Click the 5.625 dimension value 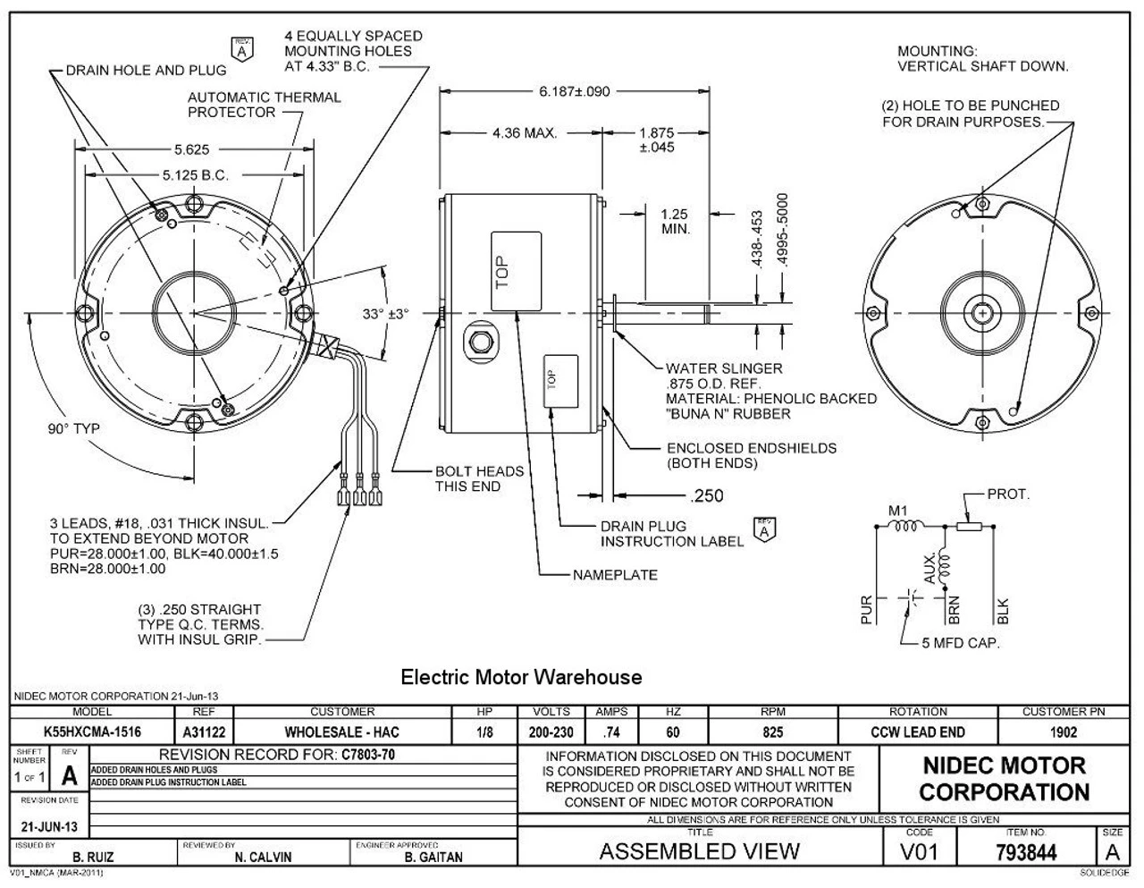193,149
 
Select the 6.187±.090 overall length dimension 574,91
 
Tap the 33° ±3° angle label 385,314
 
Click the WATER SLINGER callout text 723,368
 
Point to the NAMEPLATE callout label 614,575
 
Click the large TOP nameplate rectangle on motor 516,271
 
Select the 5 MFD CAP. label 961,642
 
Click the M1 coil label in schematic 898,511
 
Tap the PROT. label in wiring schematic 1008,494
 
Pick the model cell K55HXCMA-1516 92,732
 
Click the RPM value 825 772,732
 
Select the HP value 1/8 484,732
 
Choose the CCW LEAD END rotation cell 918,732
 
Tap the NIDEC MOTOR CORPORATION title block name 1004,779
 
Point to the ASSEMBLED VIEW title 699,851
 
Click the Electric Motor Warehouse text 521,677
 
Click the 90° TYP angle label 74,428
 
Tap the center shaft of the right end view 982,314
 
